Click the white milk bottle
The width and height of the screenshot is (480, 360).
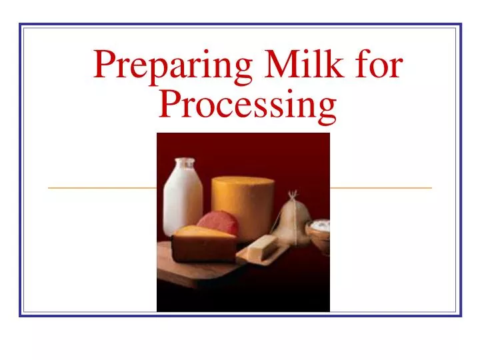pos(183,200)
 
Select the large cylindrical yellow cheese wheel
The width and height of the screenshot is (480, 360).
pos(243,205)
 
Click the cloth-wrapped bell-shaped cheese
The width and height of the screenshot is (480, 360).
pos(291,223)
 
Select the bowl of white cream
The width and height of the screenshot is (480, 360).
pos(318,231)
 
